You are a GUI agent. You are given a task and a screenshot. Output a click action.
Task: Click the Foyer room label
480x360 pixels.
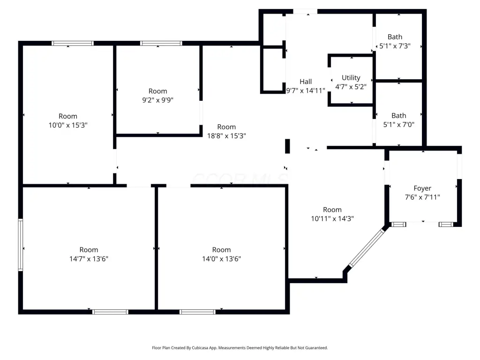pos(422,188)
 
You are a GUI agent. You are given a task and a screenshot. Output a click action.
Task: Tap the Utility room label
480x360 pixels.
pos(351,78)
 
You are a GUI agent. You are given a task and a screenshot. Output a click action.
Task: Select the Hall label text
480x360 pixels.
pos(306,82)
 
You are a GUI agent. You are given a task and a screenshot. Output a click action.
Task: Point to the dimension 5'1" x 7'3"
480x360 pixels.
pos(395,46)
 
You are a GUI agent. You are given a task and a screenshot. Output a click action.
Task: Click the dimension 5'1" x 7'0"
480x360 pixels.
pos(398,124)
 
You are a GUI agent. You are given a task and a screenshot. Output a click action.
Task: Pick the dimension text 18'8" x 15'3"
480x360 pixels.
pos(226,135)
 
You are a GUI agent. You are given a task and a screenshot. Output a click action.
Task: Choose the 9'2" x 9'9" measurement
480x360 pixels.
pos(157,100)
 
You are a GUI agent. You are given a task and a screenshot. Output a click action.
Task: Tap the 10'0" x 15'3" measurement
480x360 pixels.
pos(68,125)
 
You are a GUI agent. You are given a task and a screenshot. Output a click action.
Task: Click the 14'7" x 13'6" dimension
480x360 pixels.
pos(89,259)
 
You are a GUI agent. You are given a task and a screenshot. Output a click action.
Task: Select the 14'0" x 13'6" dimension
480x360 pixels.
pos(221,259)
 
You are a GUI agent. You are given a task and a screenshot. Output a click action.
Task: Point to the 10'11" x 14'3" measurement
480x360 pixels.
pos(332,218)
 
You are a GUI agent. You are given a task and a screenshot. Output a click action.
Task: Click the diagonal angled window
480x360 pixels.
pos(367,248)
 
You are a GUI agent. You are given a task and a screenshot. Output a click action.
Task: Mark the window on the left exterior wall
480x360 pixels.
pos(21,245)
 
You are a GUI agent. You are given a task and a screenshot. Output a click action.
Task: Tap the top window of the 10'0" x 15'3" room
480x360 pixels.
pos(73,43)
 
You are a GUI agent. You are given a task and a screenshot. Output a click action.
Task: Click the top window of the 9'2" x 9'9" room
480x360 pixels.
pos(161,43)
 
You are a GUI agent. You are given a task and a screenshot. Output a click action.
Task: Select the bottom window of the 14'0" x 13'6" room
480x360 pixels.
pos(197,312)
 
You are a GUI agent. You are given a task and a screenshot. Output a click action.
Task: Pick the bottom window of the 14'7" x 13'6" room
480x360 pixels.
pos(110,312)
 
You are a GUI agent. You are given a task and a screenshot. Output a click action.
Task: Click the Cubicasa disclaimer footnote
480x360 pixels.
pos(240,348)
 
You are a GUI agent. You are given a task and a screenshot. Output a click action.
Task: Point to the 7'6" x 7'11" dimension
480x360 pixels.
pos(422,197)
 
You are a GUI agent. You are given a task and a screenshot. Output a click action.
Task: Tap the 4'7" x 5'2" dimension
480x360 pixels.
pos(351,87)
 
